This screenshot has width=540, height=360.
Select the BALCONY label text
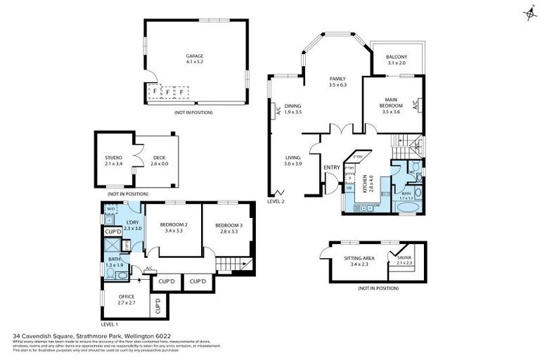click(397, 57)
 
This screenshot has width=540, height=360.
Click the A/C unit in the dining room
click(278, 110)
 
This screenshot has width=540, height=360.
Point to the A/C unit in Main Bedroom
click(415, 105)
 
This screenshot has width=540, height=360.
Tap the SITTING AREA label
click(358, 258)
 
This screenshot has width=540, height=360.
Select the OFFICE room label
click(127, 297)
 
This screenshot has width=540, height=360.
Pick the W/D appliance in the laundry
click(110, 210)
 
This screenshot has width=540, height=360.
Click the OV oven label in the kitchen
click(350, 188)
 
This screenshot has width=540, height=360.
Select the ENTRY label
click(331, 167)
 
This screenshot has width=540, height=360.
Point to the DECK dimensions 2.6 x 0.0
click(159, 164)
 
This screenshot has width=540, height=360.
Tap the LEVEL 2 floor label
click(276, 202)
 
